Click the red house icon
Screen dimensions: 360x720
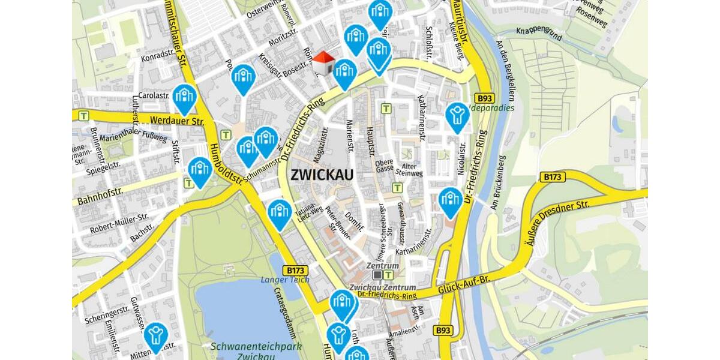[323, 63]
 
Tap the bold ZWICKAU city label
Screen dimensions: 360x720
[322, 175]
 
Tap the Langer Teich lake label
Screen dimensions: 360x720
[285, 280]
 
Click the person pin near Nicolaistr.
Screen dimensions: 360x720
[457, 116]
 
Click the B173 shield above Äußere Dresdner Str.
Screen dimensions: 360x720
[553, 177]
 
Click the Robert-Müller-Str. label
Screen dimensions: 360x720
[119, 223]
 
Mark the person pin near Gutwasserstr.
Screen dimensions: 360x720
[156, 336]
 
